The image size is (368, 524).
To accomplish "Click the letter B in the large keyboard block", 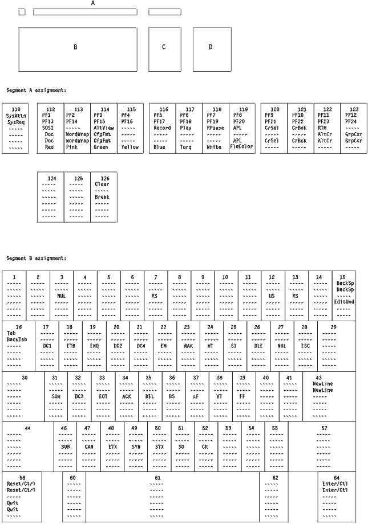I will [x=75, y=47].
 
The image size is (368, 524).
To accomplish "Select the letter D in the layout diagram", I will [x=210, y=47].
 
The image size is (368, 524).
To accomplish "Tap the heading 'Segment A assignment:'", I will [x=37, y=91].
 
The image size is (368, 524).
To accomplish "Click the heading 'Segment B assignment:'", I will [x=37, y=258].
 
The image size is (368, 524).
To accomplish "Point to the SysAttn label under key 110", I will [x=15, y=115].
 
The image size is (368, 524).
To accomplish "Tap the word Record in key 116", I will [x=162, y=128].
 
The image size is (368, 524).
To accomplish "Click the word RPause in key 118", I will [x=216, y=128].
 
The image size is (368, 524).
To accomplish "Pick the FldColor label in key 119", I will [x=242, y=147].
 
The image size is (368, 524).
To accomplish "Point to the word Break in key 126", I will [x=103, y=197].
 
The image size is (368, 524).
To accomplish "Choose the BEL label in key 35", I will [x=149, y=396].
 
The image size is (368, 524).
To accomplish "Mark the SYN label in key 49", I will [x=135, y=447].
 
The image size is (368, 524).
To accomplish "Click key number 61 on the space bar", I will [x=158, y=477].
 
